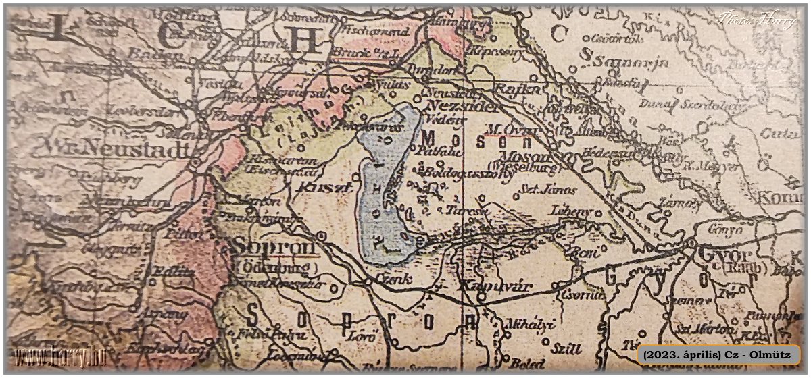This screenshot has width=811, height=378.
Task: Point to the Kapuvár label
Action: point(495,287)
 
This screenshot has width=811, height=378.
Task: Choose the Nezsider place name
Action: point(464,106)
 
